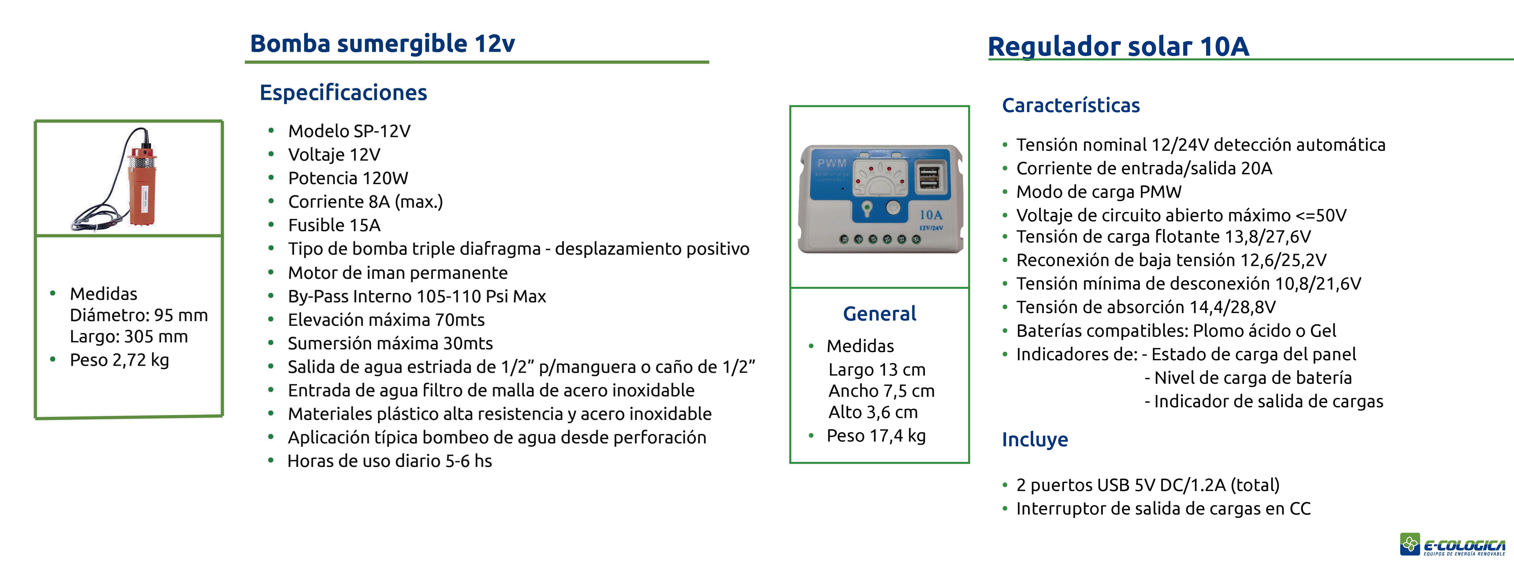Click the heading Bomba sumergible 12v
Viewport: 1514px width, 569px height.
pyautogui.click(x=383, y=44)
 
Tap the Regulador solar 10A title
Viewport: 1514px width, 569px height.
pyautogui.click(x=1118, y=46)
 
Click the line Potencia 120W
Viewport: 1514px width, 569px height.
pyautogui.click(x=348, y=178)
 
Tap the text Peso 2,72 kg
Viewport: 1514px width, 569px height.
pyautogui.click(x=119, y=360)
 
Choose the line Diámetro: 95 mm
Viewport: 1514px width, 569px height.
pyautogui.click(x=139, y=315)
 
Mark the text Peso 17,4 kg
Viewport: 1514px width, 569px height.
pyautogui.click(x=876, y=436)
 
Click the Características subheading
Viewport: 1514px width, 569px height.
pyautogui.click(x=1071, y=105)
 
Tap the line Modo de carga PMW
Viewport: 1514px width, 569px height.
pyautogui.click(x=1098, y=192)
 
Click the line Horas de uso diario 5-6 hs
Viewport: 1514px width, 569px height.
pyautogui.click(x=390, y=461)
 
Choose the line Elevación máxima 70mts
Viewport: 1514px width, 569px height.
pyautogui.click(x=386, y=320)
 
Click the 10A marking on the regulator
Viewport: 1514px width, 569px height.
pyautogui.click(x=930, y=215)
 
